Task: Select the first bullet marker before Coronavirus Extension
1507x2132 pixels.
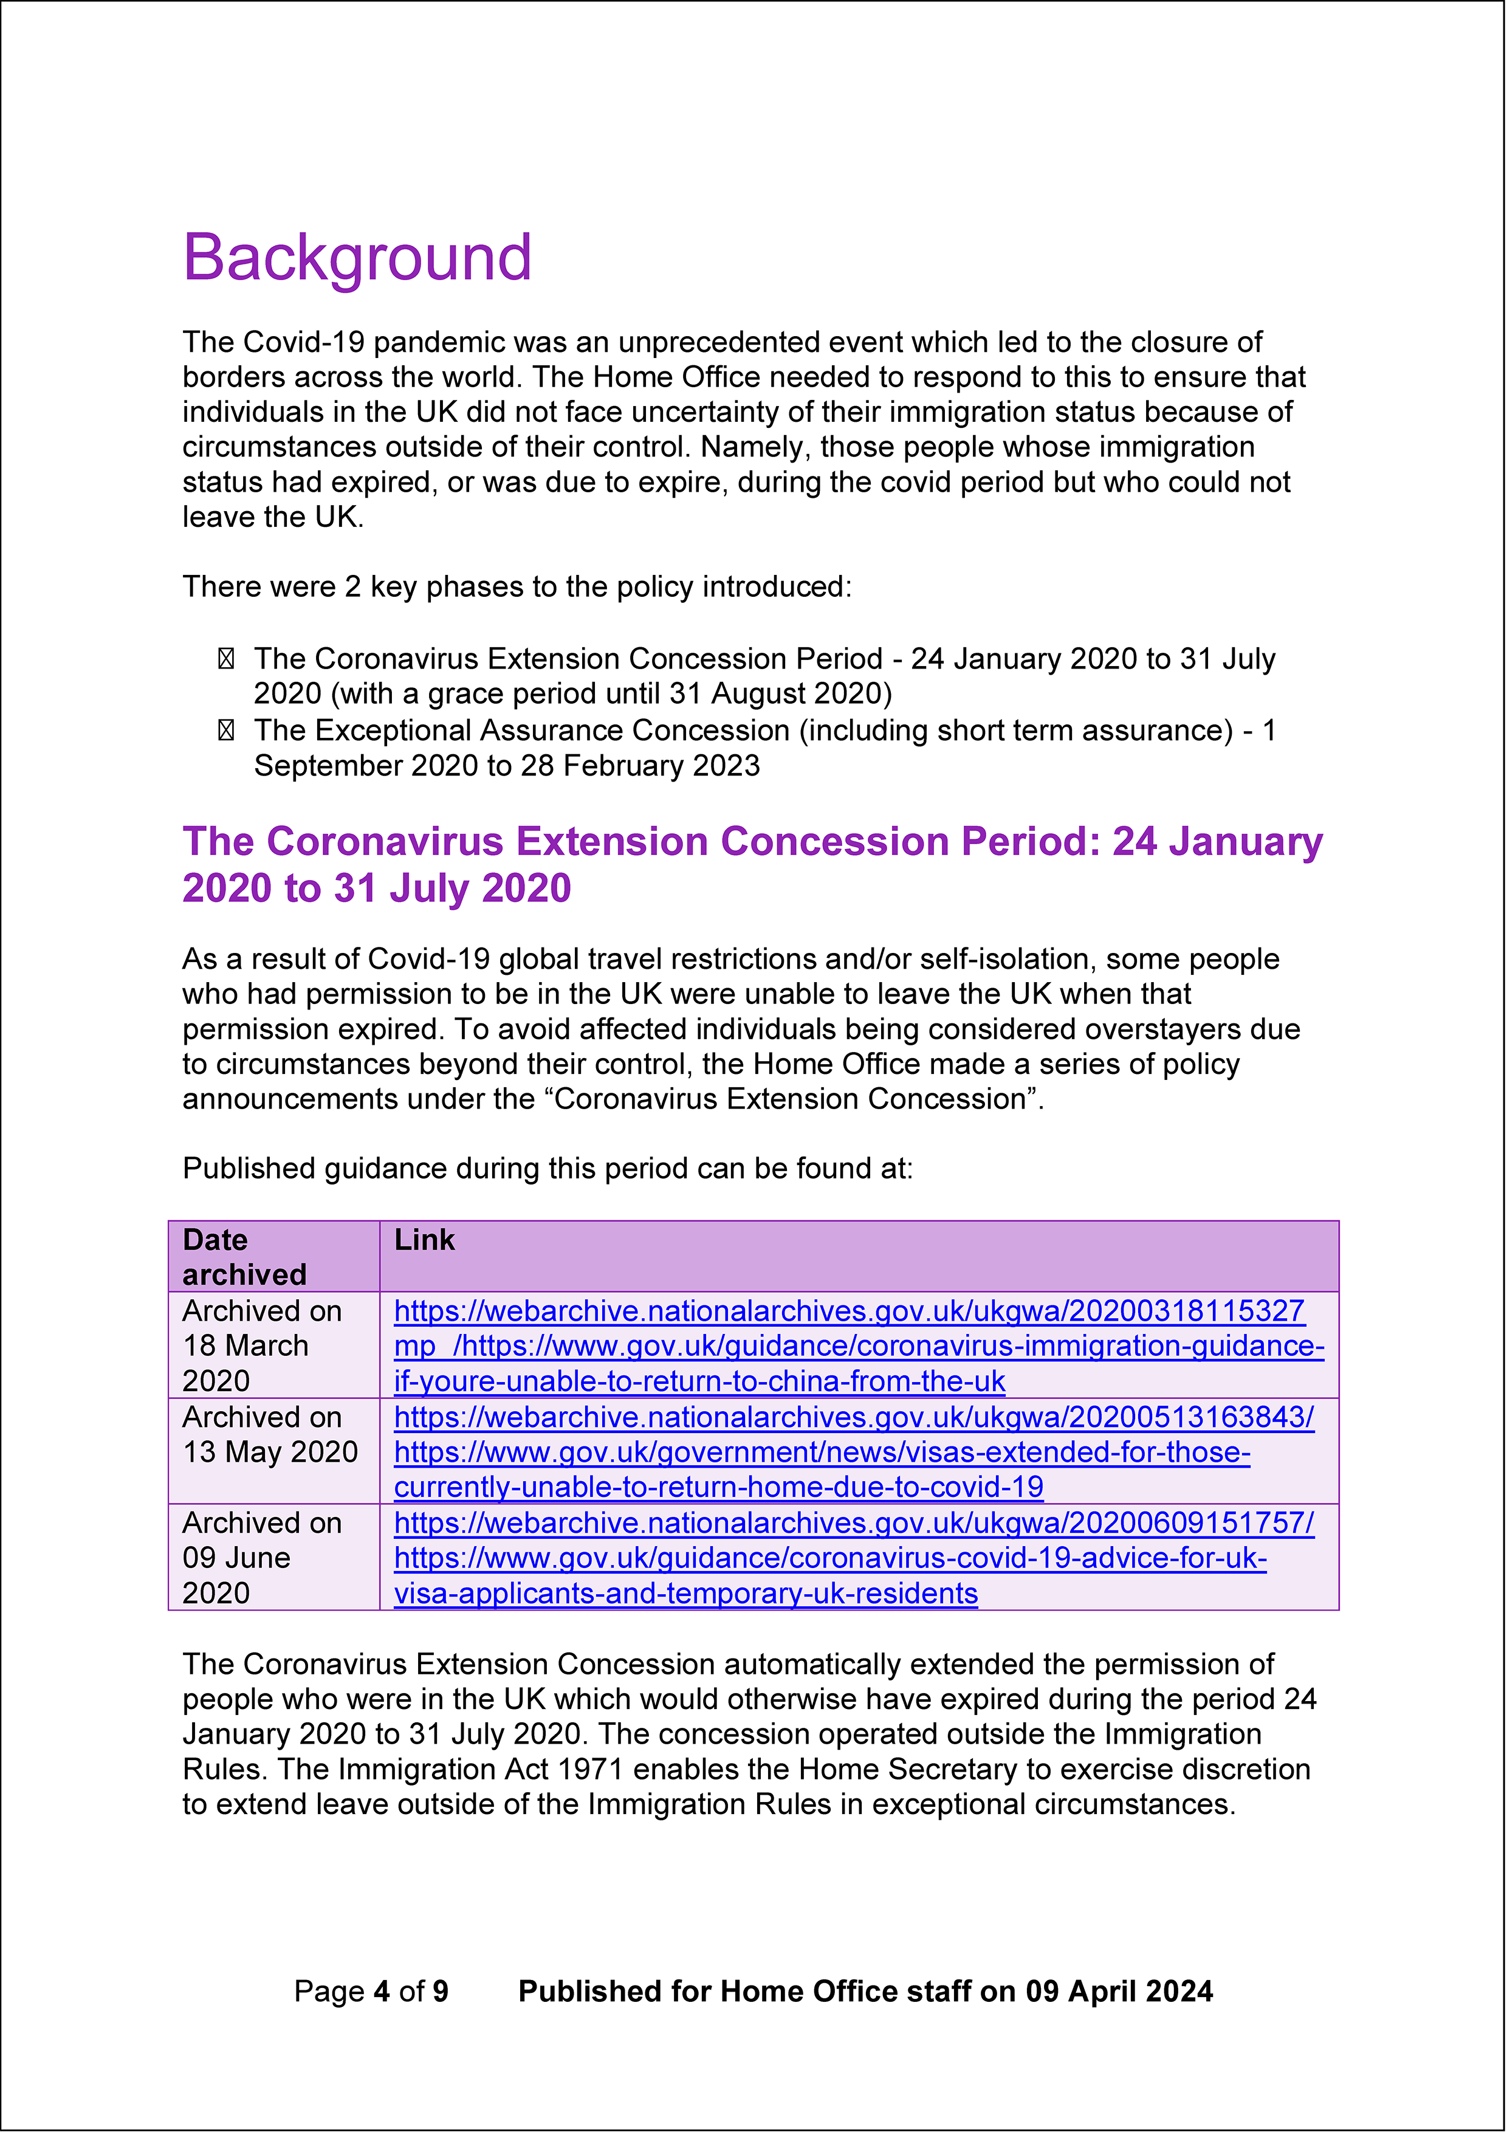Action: pos(225,659)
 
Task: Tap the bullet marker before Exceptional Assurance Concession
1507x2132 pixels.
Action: pos(225,731)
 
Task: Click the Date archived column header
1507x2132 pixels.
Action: pos(244,1256)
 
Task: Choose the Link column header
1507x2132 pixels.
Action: pos(424,1240)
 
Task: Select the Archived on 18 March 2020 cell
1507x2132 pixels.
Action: pos(263,1346)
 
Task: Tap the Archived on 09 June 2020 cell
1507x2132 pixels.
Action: pos(263,1557)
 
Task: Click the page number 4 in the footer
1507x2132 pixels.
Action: pos(380,1991)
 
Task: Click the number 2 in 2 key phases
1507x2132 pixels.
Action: pos(353,587)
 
